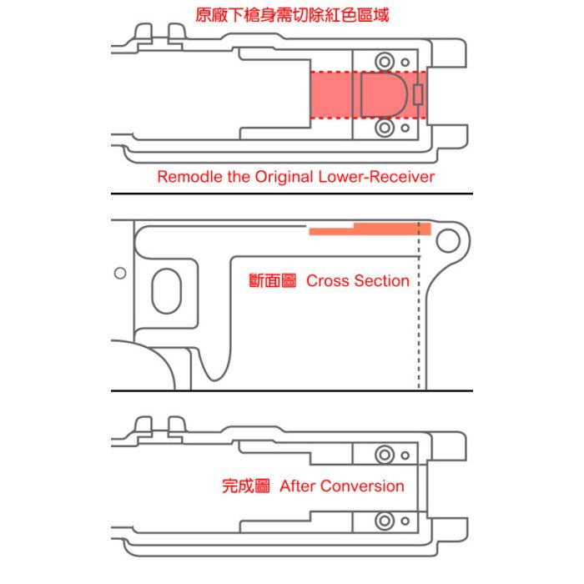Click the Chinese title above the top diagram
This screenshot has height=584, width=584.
point(291,15)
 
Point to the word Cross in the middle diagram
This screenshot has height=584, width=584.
point(325,281)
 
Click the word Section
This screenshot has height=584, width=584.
point(380,281)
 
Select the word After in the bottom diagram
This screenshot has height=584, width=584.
point(296,486)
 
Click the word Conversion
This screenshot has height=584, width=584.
point(362,486)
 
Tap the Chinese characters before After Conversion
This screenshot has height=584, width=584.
point(246,486)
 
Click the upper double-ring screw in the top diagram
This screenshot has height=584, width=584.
point(385,62)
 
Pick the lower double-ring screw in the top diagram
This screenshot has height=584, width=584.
point(385,128)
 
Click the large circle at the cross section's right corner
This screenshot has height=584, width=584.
point(448,240)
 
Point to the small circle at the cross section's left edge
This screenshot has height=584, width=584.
point(120,274)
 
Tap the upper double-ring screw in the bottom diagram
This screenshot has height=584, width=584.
point(385,455)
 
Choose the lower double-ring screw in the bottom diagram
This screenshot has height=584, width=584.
point(385,521)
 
